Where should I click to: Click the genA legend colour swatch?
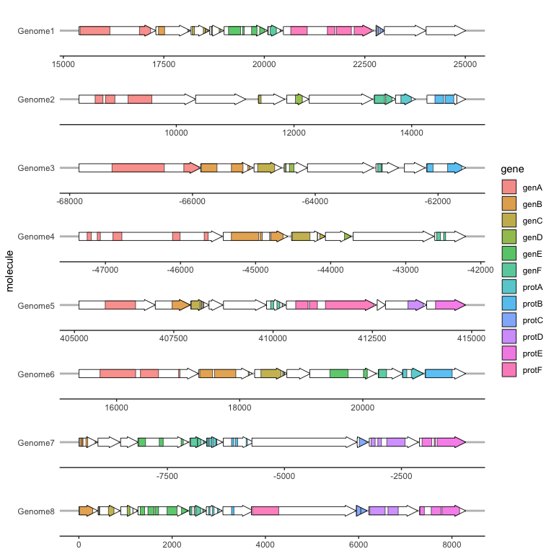pos(509,188)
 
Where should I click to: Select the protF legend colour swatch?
pos(509,370)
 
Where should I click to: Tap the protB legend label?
pos(533,304)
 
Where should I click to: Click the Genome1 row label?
pos(36,31)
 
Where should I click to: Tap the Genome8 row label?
pos(36,511)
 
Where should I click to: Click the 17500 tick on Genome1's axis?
pos(164,63)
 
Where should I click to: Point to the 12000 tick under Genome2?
pos(294,132)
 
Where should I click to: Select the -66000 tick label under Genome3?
pos(192,201)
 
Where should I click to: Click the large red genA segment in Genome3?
pos(138,168)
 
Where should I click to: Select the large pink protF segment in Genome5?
pos(349,305)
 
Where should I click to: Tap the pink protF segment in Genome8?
pos(265,511)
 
